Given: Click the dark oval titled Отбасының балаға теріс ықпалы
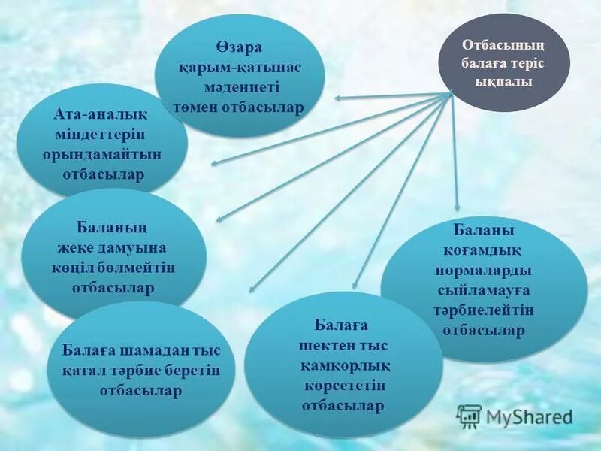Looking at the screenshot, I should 504,63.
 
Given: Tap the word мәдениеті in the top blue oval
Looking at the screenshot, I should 240,88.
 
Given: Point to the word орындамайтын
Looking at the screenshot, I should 101,154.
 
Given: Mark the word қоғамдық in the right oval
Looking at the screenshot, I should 484,250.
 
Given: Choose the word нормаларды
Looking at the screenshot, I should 484,270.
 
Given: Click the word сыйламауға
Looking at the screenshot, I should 484,290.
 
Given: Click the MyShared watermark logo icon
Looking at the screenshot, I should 469,416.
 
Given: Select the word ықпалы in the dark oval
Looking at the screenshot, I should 504,81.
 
